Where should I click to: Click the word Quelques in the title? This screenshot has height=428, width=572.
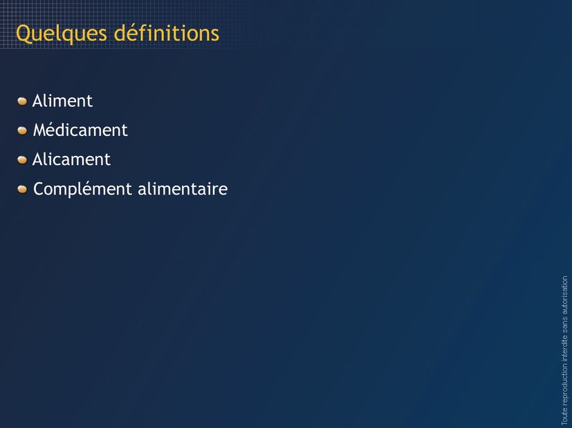(62, 34)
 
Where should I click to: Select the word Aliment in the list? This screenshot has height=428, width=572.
(62, 101)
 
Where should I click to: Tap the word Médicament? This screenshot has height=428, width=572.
(80, 130)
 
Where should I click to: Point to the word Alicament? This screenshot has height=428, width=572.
(71, 159)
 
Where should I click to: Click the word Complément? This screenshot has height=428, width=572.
(82, 189)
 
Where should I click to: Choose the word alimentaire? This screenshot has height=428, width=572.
(183, 188)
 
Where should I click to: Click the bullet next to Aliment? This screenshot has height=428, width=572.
(22, 101)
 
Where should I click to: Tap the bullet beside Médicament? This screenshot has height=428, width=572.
(22, 130)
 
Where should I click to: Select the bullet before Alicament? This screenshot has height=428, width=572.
(22, 159)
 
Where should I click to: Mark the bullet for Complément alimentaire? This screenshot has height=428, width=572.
(22, 189)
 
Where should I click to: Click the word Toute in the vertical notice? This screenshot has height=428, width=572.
(564, 417)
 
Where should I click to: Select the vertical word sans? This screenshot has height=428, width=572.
(564, 325)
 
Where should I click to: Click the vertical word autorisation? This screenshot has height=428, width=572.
(564, 295)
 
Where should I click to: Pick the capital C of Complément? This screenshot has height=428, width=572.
(39, 189)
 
